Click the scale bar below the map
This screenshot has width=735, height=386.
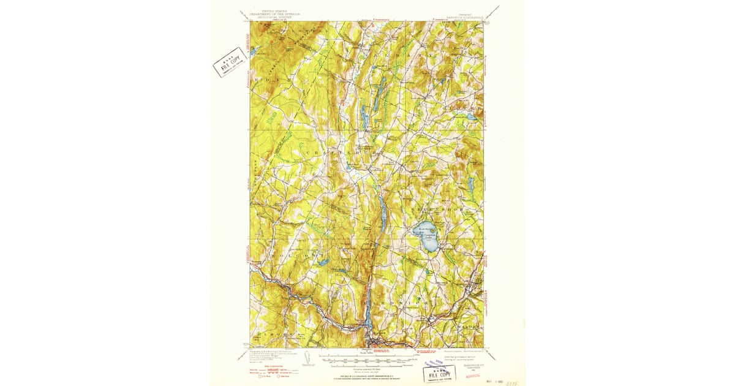pyautogui.click(x=367, y=357)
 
